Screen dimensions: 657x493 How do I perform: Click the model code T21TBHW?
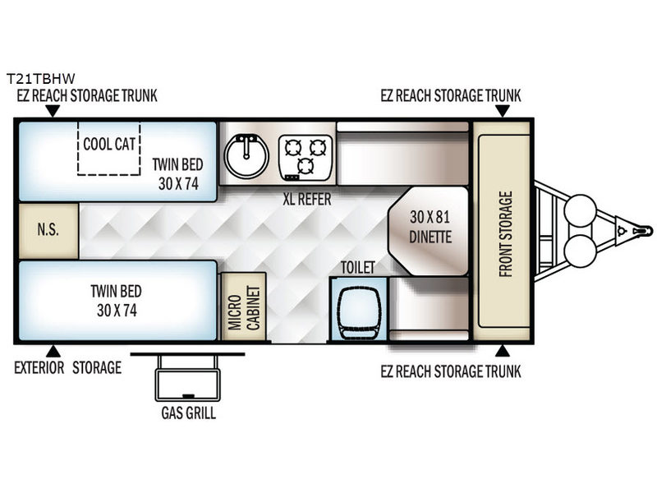[40, 78]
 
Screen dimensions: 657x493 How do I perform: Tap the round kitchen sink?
[246, 155]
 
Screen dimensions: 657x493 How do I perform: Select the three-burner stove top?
[306, 157]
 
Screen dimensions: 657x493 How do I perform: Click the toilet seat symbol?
[359, 309]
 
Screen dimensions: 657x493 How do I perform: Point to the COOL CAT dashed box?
[109, 148]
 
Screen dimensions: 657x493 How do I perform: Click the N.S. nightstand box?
[48, 231]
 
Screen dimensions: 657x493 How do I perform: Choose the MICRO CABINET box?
[243, 306]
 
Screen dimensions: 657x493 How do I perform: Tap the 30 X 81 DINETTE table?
[429, 231]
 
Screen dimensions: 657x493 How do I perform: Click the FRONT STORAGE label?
[506, 234]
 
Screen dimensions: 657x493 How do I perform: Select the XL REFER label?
[307, 199]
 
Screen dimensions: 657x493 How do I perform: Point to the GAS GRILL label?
[189, 413]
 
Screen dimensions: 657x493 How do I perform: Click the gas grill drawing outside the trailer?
[187, 377]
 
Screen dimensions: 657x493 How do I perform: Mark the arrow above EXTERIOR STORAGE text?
[53, 351]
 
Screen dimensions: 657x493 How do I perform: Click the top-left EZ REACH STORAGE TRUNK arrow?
[53, 111]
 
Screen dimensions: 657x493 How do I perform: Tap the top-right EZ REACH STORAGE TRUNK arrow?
[503, 111]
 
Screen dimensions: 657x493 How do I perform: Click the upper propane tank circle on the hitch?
[580, 211]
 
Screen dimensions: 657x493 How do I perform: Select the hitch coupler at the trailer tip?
[642, 231]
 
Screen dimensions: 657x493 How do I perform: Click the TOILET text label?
[357, 268]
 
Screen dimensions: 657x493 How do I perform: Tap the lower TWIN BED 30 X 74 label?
[117, 301]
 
